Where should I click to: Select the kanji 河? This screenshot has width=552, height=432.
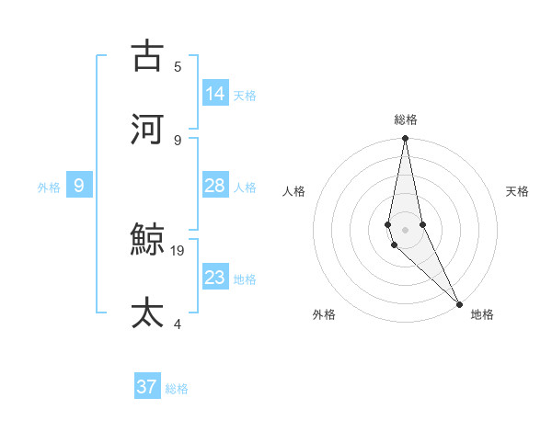pyautogui.click(x=148, y=129)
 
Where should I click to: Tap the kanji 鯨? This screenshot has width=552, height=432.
pyautogui.click(x=148, y=241)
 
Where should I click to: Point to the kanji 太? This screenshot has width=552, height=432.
pyautogui.click(x=148, y=313)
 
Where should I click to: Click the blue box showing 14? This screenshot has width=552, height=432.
pyautogui.click(x=215, y=93)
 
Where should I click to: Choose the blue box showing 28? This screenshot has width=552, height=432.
pyautogui.click(x=215, y=186)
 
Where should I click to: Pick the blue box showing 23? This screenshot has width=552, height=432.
pyautogui.click(x=215, y=277)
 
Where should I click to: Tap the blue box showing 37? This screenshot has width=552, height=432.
pyautogui.click(x=147, y=387)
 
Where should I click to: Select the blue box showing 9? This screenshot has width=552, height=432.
pyautogui.click(x=79, y=186)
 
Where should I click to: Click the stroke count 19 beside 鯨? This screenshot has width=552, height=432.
pyautogui.click(x=178, y=250)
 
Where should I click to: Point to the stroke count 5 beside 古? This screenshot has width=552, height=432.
pyautogui.click(x=178, y=66)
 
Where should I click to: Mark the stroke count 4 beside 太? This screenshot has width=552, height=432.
pyautogui.click(x=178, y=324)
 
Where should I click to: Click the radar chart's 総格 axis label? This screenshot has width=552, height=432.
pyautogui.click(x=406, y=119)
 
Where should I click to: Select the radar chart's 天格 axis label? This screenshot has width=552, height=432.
pyautogui.click(x=517, y=191)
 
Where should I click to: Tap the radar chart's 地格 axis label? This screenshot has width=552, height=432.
pyautogui.click(x=482, y=314)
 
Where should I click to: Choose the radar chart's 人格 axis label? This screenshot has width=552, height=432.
pyautogui.click(x=293, y=191)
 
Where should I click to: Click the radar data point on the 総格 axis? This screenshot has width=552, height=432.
pyautogui.click(x=406, y=139)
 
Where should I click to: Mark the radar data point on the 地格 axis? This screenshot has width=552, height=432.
pyautogui.click(x=459, y=302)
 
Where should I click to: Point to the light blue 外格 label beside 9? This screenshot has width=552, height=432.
pyautogui.click(x=49, y=188)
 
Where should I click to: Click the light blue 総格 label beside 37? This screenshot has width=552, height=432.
pyautogui.click(x=177, y=389)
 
